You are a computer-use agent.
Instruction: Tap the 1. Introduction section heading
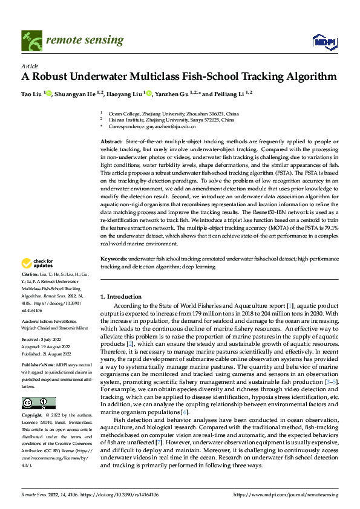(120, 297)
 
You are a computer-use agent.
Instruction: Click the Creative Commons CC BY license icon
(38, 403)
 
